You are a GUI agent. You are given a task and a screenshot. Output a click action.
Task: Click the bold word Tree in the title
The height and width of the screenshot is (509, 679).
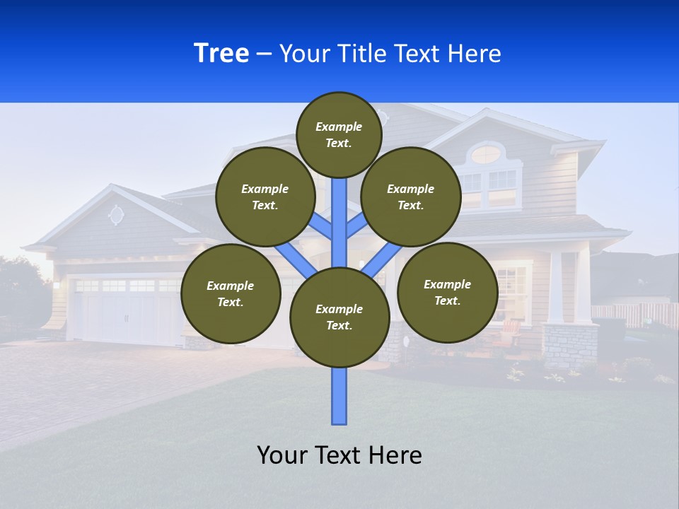(x=221, y=54)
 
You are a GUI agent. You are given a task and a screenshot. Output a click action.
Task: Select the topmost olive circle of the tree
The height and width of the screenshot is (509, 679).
(x=339, y=134)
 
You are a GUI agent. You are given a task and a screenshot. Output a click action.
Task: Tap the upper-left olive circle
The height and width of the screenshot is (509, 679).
(x=265, y=197)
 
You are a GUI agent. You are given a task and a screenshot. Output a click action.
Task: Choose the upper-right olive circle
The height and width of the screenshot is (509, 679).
(x=411, y=197)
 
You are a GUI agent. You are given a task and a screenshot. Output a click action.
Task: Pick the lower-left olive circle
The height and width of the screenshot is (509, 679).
(x=231, y=293)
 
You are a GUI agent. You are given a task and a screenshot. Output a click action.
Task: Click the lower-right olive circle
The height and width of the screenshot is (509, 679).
(x=448, y=292)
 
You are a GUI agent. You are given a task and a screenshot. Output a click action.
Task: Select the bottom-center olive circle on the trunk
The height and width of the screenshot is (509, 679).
(x=339, y=317)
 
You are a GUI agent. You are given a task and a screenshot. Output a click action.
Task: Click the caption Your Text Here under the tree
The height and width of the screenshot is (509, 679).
(x=339, y=455)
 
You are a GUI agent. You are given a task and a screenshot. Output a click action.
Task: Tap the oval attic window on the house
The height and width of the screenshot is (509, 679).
(x=485, y=154)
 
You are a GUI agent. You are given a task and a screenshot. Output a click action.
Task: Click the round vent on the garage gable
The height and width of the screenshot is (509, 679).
(x=116, y=215)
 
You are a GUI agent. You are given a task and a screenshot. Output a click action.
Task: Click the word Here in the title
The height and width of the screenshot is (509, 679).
(x=475, y=54)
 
